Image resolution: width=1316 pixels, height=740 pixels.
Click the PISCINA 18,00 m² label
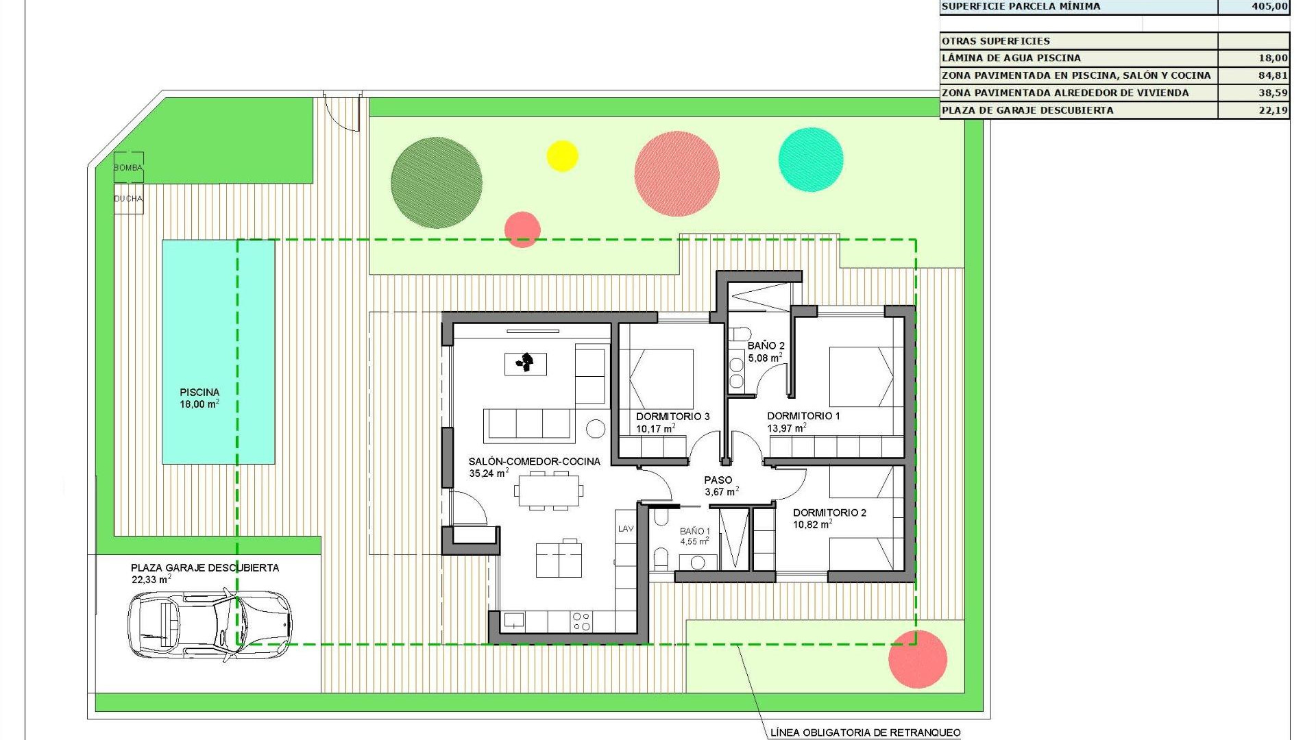pyautogui.click(x=199, y=398)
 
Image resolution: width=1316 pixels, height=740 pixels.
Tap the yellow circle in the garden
pyautogui.click(x=562, y=156)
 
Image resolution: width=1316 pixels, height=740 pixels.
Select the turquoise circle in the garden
pyautogui.click(x=811, y=160)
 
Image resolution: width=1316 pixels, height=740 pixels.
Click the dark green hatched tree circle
pyautogui.click(x=436, y=182)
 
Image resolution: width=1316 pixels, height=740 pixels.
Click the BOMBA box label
pyautogui.click(x=128, y=168)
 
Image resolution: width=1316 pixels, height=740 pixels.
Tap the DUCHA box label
pyautogui.click(x=128, y=199)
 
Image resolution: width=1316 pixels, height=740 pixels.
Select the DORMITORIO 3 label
pyautogui.click(x=672, y=417)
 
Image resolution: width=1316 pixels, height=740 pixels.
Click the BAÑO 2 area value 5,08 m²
pyautogui.click(x=765, y=358)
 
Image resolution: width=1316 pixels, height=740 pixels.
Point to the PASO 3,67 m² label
pyautogui.click(x=720, y=486)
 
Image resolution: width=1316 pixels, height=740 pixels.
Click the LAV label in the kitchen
pyautogui.click(x=626, y=528)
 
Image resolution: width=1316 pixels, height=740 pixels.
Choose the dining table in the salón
pyautogui.click(x=549, y=491)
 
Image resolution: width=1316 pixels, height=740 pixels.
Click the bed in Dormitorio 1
pyautogui.click(x=862, y=377)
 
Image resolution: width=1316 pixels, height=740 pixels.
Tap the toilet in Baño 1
pyautogui.click(x=661, y=558)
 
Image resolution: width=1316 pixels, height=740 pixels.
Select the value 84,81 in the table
pyautogui.click(x=1272, y=75)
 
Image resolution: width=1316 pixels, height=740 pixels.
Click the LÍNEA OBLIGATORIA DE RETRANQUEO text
pyautogui.click(x=865, y=732)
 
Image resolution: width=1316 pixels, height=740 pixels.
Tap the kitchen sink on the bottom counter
pyautogui.click(x=514, y=621)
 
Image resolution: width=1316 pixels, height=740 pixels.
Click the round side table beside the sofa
pyautogui.click(x=596, y=429)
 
